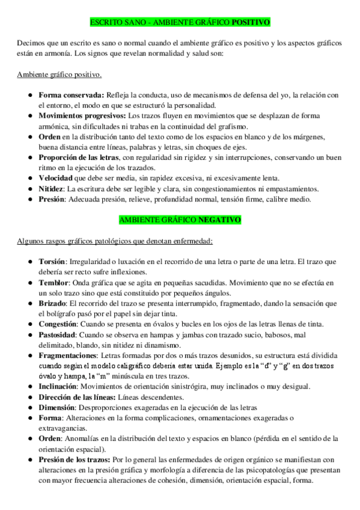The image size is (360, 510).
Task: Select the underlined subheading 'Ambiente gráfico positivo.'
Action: (x=59, y=75)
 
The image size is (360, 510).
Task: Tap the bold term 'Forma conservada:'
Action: (x=72, y=94)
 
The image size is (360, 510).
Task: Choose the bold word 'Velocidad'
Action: (x=56, y=179)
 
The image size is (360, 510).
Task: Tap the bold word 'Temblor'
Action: (x=53, y=283)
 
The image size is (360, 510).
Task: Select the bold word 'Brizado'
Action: (x=52, y=304)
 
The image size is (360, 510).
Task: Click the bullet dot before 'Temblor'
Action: (x=30, y=283)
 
